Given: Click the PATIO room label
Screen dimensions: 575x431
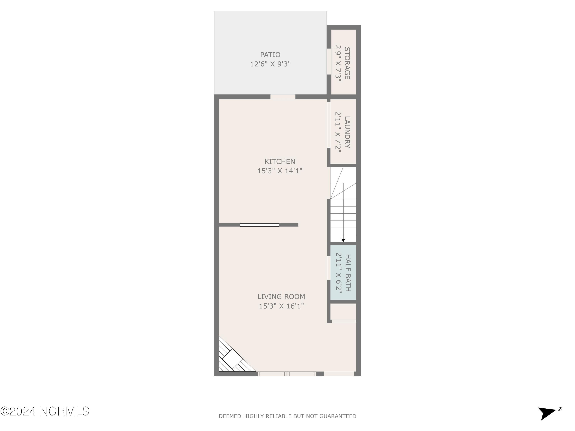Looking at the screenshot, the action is (x=270, y=55).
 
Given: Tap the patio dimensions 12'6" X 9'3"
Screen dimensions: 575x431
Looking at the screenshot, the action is (x=270, y=64).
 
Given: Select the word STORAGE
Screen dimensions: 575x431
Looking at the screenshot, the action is (x=347, y=63).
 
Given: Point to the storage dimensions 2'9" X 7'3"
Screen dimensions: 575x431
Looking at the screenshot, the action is (x=338, y=63).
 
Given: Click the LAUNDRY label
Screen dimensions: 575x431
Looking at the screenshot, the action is (x=347, y=132).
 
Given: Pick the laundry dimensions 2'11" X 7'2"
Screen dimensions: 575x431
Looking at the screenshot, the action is (x=338, y=132).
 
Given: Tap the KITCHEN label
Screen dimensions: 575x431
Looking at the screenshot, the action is (x=280, y=162).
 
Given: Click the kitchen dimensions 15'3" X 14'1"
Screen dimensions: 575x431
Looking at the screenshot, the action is (x=280, y=171).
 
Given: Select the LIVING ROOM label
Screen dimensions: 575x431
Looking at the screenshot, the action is (x=281, y=297).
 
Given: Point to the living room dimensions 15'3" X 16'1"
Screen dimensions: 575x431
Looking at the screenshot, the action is (x=281, y=306).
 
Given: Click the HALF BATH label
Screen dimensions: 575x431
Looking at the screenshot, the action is (x=348, y=273).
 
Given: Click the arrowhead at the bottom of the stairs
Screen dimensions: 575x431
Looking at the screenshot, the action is (x=343, y=241).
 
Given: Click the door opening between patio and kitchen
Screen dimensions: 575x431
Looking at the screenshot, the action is (x=283, y=97).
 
